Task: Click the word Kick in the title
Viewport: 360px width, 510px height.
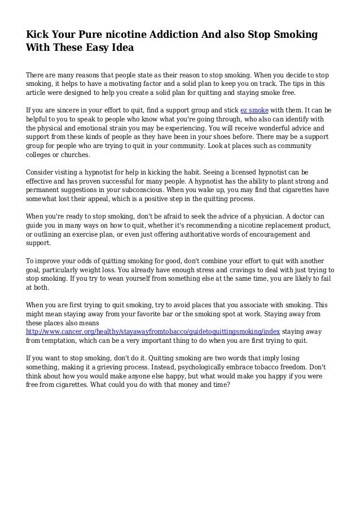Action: [38, 35]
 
